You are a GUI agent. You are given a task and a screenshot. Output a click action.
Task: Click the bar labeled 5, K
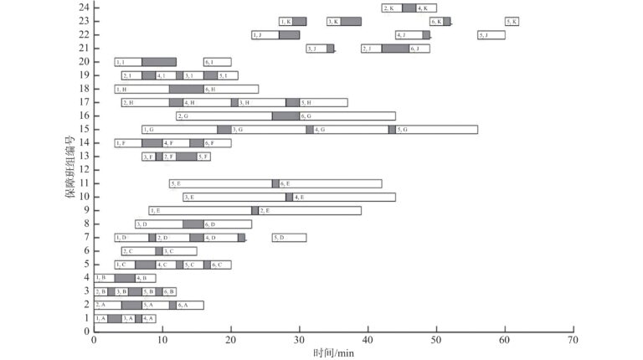coord(512,22)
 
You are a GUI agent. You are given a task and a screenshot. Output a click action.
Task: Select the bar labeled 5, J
coord(491,35)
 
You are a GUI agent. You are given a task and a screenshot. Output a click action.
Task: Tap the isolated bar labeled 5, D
coord(289,238)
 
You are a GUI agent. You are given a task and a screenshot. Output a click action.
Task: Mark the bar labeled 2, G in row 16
coord(224,116)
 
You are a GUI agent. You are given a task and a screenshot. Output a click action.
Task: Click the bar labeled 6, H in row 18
coord(230,89)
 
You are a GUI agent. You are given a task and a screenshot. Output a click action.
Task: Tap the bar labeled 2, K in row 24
coord(392,8)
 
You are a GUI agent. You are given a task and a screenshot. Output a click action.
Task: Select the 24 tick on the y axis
coord(85,8)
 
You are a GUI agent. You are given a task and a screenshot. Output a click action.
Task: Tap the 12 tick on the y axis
coord(85,170)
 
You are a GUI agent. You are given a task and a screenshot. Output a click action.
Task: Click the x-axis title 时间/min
coord(332,353)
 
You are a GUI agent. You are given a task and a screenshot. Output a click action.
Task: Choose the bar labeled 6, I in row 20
coord(217,62)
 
